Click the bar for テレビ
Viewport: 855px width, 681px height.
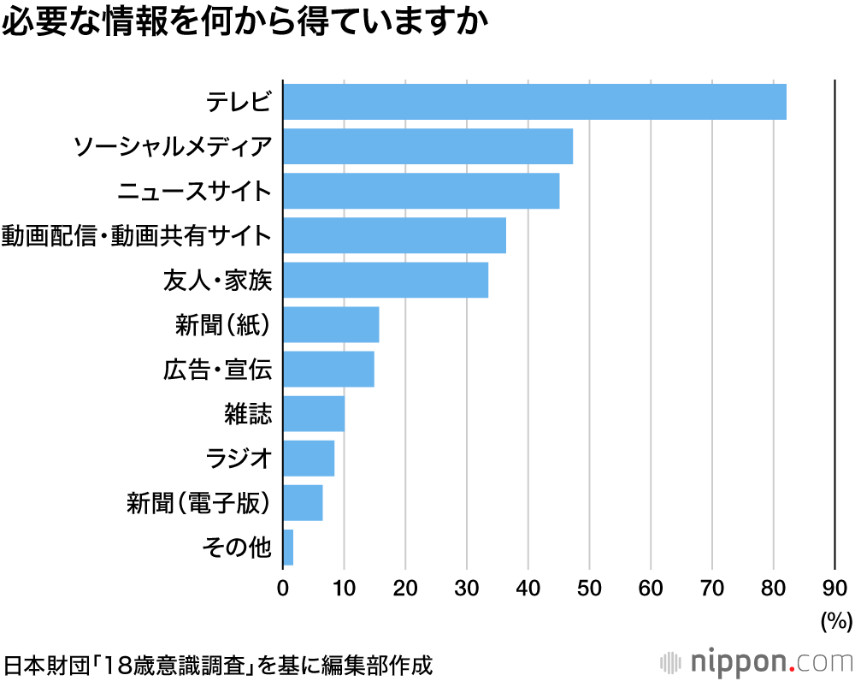click(534, 102)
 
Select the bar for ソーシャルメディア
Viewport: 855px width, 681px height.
click(427, 146)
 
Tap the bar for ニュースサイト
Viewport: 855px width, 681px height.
click(421, 191)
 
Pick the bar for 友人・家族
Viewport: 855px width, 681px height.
click(385, 280)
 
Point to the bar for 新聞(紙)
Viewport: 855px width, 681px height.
click(330, 324)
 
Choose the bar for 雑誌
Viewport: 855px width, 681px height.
click(313, 413)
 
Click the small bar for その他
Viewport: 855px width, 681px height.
click(288, 548)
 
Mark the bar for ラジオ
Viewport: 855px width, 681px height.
click(308, 458)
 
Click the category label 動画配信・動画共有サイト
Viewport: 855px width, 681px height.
click(137, 235)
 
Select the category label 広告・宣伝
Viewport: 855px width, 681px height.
click(217, 370)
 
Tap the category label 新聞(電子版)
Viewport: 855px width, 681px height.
click(198, 503)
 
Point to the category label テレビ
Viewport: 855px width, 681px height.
click(239, 103)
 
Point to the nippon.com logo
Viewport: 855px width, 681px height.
click(757, 661)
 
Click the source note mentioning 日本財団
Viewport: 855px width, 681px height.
click(219, 664)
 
